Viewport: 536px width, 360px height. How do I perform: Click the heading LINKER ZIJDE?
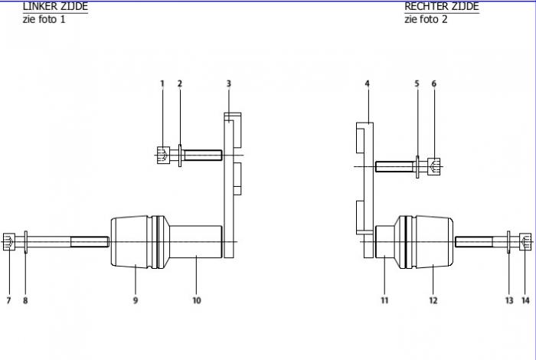click(55, 6)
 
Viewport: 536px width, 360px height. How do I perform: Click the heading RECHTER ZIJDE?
click(442, 6)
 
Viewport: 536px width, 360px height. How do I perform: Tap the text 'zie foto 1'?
click(44, 19)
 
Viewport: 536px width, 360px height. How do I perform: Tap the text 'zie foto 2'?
click(426, 19)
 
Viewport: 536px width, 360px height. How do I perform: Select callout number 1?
click(162, 83)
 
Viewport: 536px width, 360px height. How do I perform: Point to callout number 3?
click(229, 83)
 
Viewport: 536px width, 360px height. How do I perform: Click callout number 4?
click(367, 83)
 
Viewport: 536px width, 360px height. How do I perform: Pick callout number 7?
click(8, 300)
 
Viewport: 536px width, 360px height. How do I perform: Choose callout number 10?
click(197, 300)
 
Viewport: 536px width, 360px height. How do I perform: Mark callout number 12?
click(433, 300)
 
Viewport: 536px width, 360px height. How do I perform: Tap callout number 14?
click(525, 300)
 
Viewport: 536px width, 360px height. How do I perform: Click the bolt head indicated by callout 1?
click(163, 155)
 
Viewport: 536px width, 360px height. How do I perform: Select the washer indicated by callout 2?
click(180, 155)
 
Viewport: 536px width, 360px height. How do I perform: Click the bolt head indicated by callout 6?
click(434, 167)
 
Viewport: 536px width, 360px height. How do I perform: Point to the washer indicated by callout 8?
click(26, 242)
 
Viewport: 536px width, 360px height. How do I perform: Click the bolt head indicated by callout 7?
click(9, 242)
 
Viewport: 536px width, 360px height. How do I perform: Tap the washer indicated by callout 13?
click(508, 242)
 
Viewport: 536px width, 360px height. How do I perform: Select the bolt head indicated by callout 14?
click(525, 242)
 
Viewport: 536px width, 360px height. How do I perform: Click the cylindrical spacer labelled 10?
click(196, 242)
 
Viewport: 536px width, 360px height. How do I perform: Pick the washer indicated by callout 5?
click(417, 167)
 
